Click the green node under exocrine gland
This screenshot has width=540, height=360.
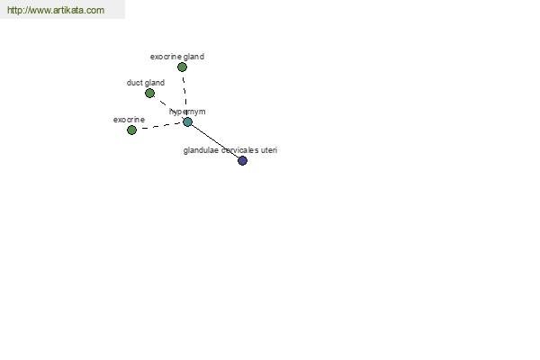[x=182, y=67]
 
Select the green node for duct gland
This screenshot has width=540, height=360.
[x=149, y=93]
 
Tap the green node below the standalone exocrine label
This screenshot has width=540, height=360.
[x=131, y=130]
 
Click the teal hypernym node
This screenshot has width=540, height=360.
[x=187, y=121]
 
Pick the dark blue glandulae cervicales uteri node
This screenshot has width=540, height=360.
[x=242, y=160]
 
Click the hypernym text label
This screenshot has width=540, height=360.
[x=187, y=112]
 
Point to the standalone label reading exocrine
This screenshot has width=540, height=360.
[x=129, y=120]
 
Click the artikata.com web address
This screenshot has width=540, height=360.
[x=56, y=10]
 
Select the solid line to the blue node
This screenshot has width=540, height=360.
[x=215, y=141]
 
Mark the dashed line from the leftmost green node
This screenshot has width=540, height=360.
[x=159, y=126]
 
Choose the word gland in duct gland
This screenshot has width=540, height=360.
[x=155, y=83]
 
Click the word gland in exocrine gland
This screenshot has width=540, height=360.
[x=194, y=57]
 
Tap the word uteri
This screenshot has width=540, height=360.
[x=269, y=150]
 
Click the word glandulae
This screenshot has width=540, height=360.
[x=201, y=150]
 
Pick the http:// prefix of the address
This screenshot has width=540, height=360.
[x=17, y=10]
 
